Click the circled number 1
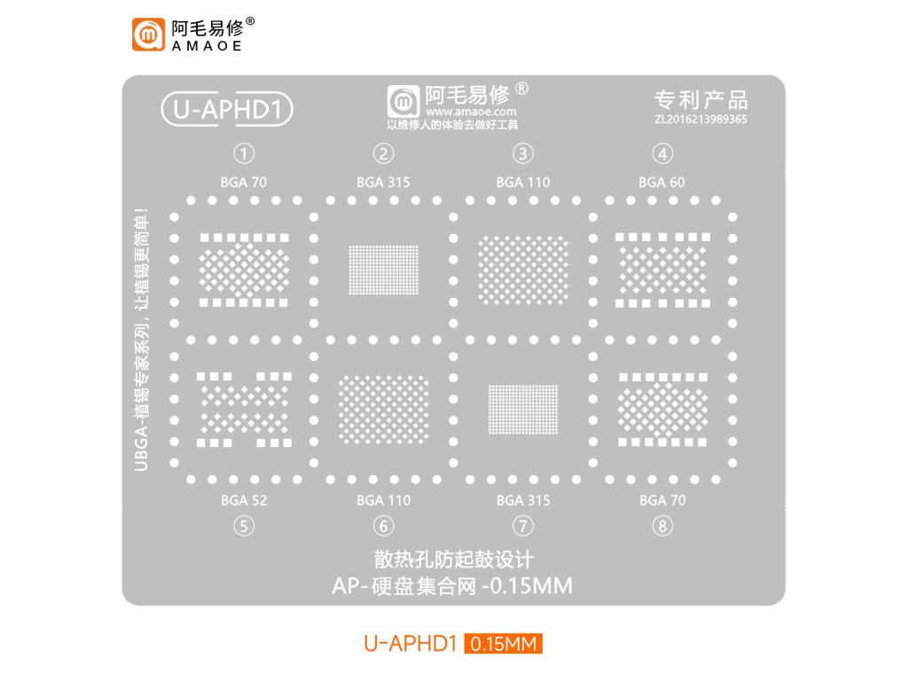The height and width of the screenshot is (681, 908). (245, 153)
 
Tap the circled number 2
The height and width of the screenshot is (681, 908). (383, 153)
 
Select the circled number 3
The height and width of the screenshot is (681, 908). (523, 153)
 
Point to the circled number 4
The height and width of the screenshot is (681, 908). (662, 153)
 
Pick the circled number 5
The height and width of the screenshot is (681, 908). (244, 526)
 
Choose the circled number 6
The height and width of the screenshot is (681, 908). (383, 526)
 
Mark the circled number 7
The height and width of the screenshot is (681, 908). (523, 526)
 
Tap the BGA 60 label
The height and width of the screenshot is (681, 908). (661, 183)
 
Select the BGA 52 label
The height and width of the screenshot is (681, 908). (244, 500)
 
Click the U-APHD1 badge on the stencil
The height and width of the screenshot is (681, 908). (226, 109)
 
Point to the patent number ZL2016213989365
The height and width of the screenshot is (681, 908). (701, 118)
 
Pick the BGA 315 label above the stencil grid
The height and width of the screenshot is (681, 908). (383, 183)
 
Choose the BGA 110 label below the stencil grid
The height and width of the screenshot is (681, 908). (383, 500)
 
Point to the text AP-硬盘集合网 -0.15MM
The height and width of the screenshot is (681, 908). (452, 585)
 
